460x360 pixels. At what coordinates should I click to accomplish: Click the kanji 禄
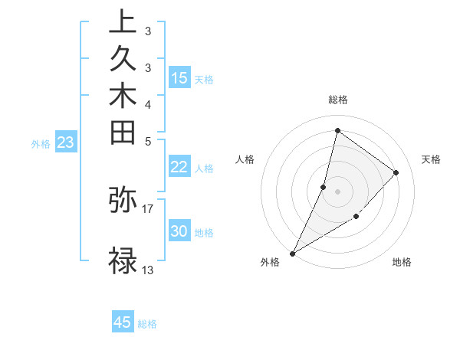pyautogui.click(x=123, y=260)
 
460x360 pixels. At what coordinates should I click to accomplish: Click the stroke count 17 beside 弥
pyautogui.click(x=148, y=208)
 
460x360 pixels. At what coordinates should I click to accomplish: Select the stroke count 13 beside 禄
pyautogui.click(x=148, y=270)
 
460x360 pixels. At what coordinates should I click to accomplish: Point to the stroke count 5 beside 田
pyautogui.click(x=147, y=140)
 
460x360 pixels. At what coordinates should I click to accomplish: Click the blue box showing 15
pyautogui.click(x=179, y=78)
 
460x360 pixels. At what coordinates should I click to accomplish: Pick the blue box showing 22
pyautogui.click(x=179, y=168)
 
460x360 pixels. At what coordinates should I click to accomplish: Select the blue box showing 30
pyautogui.click(x=179, y=232)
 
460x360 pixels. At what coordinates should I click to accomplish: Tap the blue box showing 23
pyautogui.click(x=66, y=142)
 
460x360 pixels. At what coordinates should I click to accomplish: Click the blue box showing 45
pyautogui.click(x=123, y=322)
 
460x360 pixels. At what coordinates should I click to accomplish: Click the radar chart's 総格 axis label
pyautogui.click(x=338, y=100)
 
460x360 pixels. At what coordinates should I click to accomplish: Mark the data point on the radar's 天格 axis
pyautogui.click(x=396, y=172)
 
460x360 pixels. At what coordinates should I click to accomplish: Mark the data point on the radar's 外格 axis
pyautogui.click(x=293, y=253)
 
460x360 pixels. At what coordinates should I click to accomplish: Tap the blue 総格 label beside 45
pyautogui.click(x=147, y=324)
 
